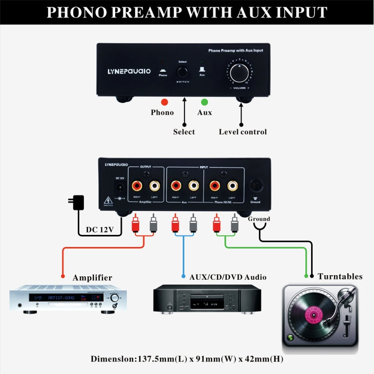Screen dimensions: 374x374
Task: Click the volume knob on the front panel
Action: tap(240, 72)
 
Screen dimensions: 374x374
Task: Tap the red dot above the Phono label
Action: tap(164, 102)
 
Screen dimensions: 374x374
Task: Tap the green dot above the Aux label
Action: tap(204, 102)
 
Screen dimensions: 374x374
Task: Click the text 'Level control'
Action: tap(243, 132)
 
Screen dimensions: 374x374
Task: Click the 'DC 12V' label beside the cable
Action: tap(100, 230)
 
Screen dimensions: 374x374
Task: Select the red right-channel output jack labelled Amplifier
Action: tap(137, 187)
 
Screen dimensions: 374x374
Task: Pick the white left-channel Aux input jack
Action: tap(193, 187)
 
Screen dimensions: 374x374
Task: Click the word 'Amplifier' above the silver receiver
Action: tap(92, 278)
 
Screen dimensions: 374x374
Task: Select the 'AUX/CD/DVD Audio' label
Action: tap(227, 277)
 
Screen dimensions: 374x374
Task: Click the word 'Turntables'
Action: tap(340, 276)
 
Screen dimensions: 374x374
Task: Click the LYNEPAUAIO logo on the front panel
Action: tap(129, 71)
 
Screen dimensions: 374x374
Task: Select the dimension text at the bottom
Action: tap(187, 359)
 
